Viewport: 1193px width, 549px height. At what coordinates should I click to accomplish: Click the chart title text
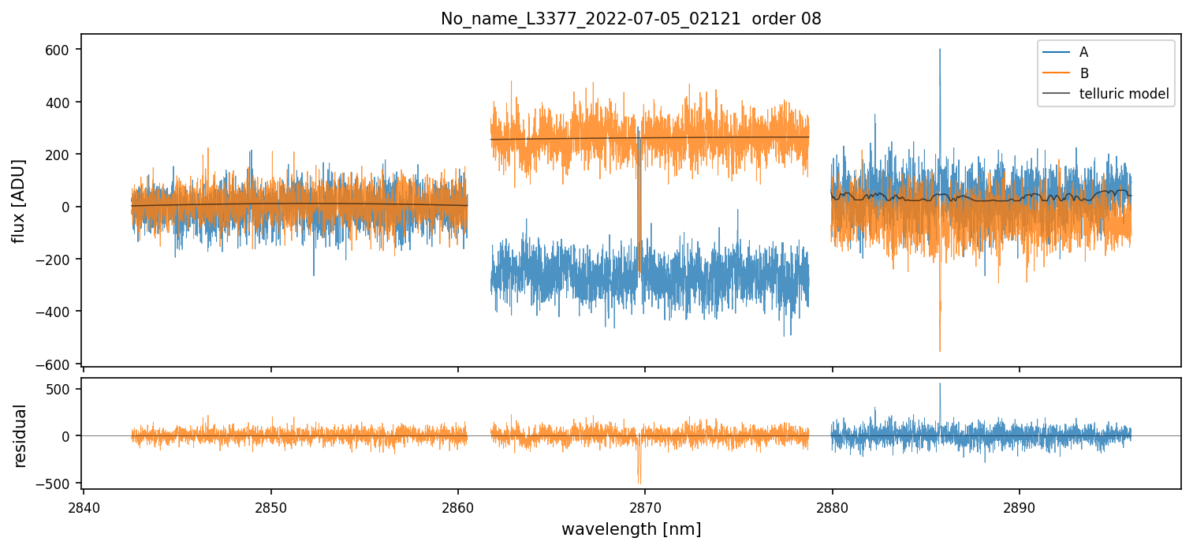tap(631, 19)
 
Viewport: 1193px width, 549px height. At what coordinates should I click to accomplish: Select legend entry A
tap(1084, 52)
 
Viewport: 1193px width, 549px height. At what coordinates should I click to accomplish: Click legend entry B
tap(1084, 73)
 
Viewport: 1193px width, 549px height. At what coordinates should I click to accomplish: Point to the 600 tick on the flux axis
tap(62, 50)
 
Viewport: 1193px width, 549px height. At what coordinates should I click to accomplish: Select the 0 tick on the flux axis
tap(69, 207)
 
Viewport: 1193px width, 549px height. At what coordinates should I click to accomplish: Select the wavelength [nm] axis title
tap(631, 528)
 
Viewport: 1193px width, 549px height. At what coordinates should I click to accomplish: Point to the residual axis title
tap(19, 435)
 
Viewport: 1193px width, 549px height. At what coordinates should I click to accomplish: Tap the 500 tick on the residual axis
tap(62, 389)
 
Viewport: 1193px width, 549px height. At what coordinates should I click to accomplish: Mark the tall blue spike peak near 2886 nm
tap(939, 50)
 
